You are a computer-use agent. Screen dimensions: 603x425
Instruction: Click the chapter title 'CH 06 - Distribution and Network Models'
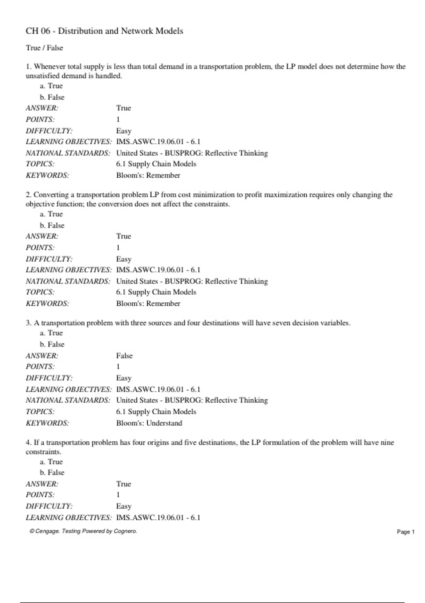[104, 31]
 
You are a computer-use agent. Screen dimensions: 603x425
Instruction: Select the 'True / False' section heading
[44, 48]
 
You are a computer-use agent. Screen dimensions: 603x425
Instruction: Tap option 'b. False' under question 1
[52, 97]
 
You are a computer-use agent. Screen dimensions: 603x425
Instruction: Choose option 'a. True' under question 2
[51, 214]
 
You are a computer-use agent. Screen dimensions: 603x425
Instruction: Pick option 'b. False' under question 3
[52, 344]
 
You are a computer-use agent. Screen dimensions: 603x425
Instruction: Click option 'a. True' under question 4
[51, 461]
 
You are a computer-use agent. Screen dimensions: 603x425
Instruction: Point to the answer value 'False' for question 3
[124, 355]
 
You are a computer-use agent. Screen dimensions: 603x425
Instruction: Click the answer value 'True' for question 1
[123, 108]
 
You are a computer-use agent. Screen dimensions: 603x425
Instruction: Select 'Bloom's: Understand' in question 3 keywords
[149, 423]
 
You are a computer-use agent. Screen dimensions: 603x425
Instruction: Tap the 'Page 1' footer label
[406, 532]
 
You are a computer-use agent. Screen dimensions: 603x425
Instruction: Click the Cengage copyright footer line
[83, 531]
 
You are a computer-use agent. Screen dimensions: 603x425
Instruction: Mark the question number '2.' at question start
[29, 195]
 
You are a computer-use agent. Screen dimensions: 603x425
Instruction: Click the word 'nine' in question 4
[387, 442]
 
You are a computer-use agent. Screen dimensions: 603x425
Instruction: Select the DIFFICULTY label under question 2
[49, 259]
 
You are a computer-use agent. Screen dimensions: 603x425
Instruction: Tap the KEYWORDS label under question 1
[47, 175]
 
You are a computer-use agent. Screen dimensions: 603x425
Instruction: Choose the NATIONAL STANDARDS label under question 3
[68, 400]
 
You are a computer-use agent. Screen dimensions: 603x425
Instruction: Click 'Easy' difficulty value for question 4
[124, 506]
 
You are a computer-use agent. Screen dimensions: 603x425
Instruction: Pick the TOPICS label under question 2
[40, 292]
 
